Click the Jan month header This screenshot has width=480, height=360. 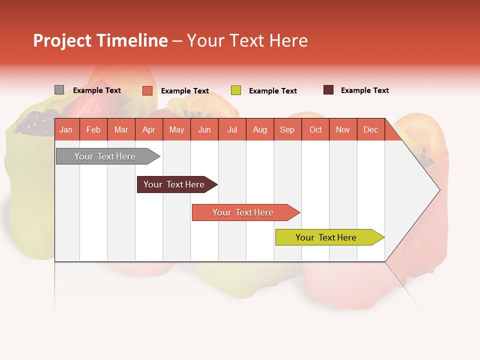tap(66, 129)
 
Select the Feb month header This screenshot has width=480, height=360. tap(93, 129)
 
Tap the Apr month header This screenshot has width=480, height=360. tap(148, 129)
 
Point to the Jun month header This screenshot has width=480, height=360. tap(204, 129)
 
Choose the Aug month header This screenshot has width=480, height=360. tap(259, 129)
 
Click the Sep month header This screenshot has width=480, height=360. tap(287, 129)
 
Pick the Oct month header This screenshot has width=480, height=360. tap(315, 129)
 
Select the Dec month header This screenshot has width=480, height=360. tap(370, 129)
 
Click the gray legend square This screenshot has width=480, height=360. tap(59, 90)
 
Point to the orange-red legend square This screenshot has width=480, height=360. tap(147, 90)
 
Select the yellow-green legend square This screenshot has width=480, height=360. tap(236, 90)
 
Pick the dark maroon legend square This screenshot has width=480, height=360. tap(328, 90)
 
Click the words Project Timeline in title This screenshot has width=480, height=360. tap(100, 40)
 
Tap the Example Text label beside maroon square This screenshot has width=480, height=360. tap(364, 90)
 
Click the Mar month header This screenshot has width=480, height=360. tap(121, 129)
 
